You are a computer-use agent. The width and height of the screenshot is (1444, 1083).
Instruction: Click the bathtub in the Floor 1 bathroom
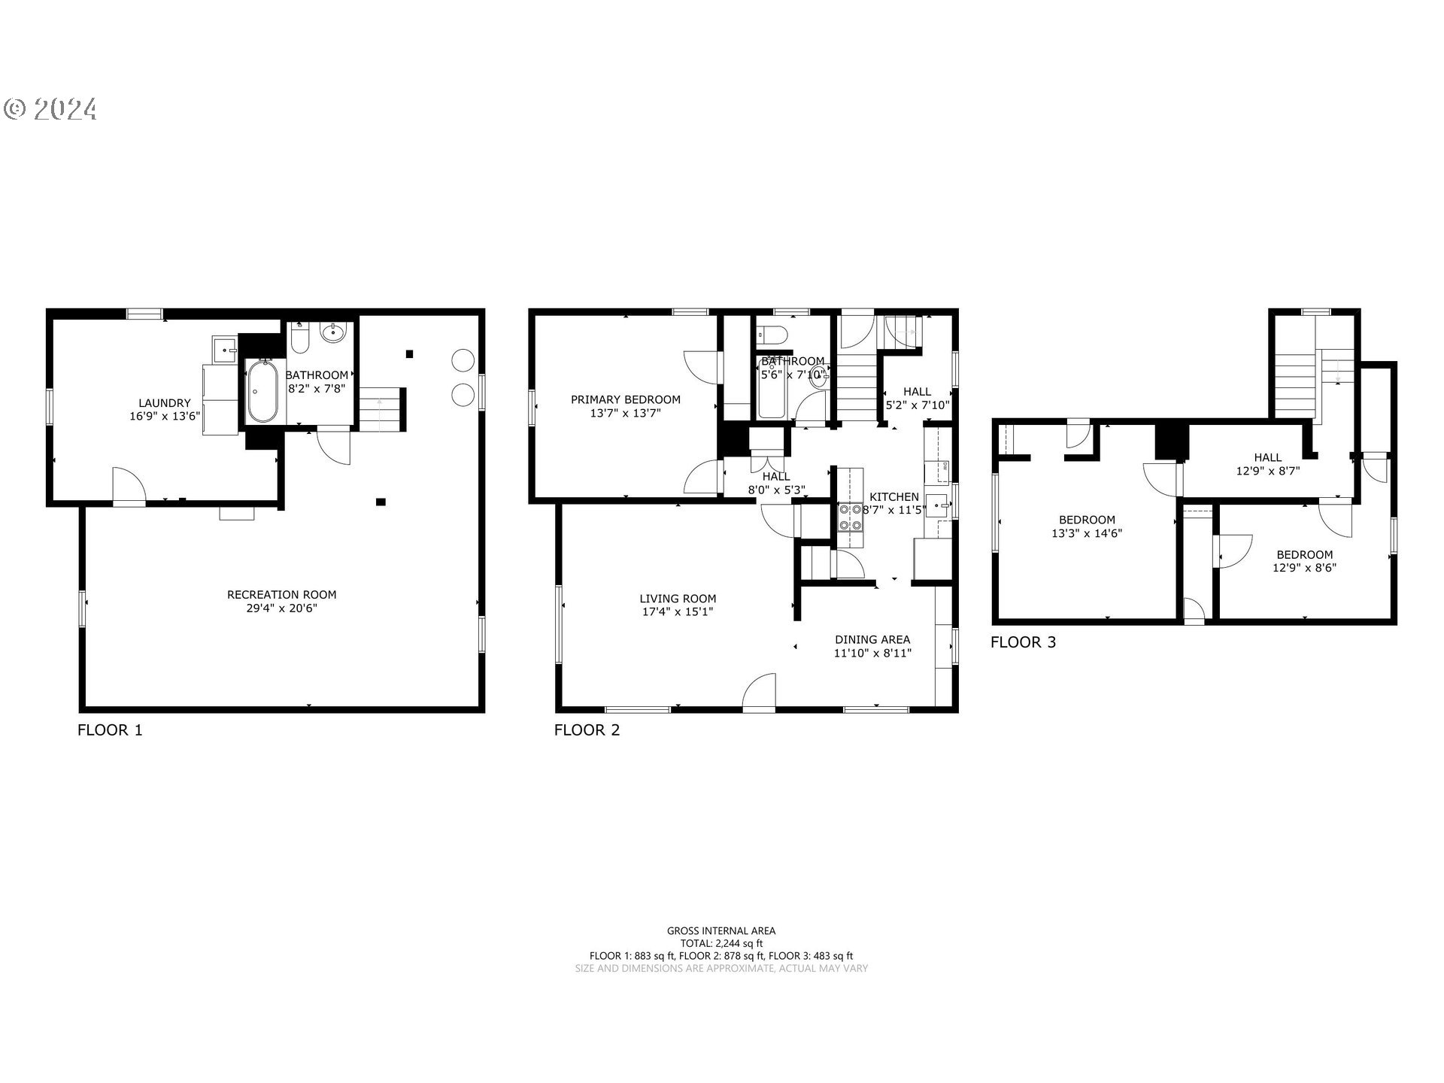262,391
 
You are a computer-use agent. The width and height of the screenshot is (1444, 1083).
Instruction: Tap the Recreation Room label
281,594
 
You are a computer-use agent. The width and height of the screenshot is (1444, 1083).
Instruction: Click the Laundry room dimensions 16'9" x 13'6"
164,415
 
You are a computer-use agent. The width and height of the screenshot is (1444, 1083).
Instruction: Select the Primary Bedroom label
625,399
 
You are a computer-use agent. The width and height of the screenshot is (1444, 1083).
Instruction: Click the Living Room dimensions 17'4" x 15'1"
677,612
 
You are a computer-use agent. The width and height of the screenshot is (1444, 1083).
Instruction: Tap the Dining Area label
872,639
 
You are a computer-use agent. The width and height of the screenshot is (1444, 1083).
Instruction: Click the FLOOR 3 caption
1023,642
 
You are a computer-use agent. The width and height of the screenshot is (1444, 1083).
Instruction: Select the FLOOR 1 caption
110,730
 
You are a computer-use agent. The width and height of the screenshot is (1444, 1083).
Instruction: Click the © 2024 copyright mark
50,110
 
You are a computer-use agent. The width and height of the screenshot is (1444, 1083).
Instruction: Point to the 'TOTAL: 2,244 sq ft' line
721,943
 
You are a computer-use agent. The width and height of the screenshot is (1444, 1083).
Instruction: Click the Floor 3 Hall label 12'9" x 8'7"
1267,464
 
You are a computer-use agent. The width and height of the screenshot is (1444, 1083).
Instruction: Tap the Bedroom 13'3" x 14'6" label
1087,526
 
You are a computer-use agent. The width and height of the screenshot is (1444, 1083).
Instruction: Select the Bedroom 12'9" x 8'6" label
1304,561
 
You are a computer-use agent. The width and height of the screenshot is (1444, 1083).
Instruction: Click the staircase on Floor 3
1294,384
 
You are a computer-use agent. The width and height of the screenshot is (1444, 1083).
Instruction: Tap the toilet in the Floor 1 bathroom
299,339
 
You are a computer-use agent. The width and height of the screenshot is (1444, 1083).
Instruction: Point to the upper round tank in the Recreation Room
462,360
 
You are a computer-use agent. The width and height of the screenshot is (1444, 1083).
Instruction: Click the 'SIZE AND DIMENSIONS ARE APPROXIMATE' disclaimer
721,969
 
